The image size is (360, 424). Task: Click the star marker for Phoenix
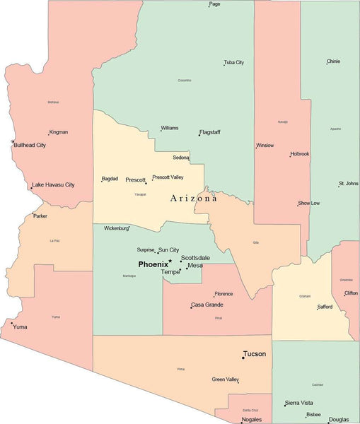[x=170, y=261]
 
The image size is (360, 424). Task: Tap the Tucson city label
[x=255, y=353]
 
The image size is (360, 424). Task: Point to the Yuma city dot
[x=11, y=324]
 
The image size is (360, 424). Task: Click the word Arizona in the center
[x=193, y=199]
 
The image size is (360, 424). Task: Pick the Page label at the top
[x=215, y=4]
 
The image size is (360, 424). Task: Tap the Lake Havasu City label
[x=54, y=184]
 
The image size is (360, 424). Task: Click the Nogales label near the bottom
[x=252, y=419]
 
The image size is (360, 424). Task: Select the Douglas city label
[x=339, y=419]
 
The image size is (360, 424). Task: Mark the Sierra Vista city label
[x=301, y=403]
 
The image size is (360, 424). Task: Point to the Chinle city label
[x=333, y=61]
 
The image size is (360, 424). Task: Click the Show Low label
[x=309, y=203]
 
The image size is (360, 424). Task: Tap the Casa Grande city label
[x=208, y=305]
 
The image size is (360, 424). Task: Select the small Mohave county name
[x=53, y=102]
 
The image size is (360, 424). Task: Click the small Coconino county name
[x=184, y=80]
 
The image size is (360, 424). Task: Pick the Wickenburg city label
[x=116, y=228]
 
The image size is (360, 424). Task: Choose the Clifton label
[x=351, y=293]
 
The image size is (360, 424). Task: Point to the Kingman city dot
[x=48, y=134]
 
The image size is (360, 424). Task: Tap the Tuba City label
[x=234, y=62]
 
